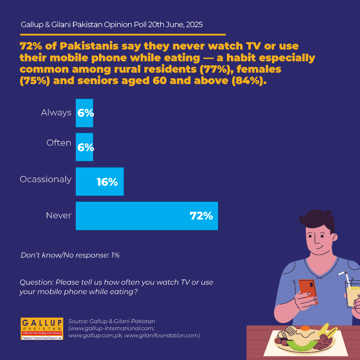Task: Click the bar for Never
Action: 147,216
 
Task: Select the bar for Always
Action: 84,113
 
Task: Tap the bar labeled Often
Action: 84,147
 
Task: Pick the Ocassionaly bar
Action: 100,181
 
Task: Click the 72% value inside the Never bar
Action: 201,216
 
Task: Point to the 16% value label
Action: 107,182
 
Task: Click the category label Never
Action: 58,216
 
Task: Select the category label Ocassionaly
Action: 46,179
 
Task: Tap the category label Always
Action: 56,113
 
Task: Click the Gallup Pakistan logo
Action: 42,329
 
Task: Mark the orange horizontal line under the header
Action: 123,35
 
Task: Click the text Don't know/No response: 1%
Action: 70,255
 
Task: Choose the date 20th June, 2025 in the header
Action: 175,25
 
